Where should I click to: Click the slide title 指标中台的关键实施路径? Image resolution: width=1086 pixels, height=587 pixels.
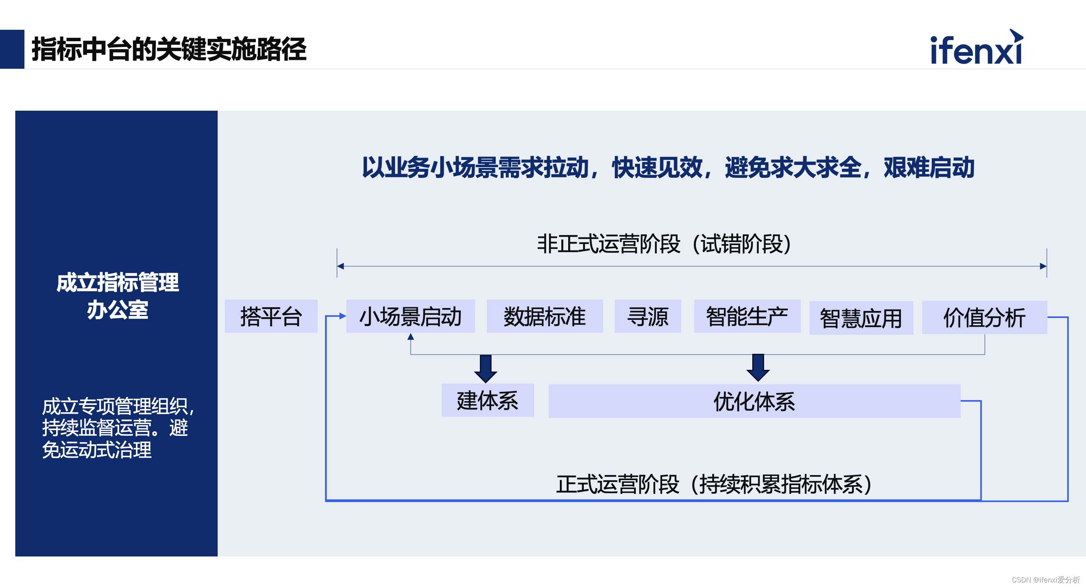pos(169,49)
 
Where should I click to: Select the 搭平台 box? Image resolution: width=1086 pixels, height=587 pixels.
pos(271,316)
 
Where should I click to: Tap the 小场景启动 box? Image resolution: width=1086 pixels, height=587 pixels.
pos(410,316)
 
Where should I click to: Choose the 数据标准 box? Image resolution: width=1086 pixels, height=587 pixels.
pos(544,316)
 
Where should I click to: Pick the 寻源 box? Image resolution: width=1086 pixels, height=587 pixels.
pos(648,316)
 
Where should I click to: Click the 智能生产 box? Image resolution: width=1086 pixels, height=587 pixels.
pos(747,316)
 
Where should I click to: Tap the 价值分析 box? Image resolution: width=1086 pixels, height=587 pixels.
pos(984,317)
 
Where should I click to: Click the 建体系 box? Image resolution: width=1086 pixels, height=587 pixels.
pos(487,400)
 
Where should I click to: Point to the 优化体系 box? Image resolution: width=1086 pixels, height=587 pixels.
pos(754,401)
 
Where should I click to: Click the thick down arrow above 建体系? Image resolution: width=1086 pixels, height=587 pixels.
pos(486,368)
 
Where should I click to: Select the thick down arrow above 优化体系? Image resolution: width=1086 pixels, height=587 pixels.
pos(758,368)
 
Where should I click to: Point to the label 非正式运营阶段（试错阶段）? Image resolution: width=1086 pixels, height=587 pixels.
pos(664,244)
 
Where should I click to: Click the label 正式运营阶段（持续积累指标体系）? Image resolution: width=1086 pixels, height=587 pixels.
pos(714,484)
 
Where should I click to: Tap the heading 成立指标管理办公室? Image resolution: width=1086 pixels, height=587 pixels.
pos(117,296)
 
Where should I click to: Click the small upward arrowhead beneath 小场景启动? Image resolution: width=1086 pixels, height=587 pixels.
pos(410,337)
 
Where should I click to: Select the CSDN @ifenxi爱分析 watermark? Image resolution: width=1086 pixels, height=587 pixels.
pos(1046,580)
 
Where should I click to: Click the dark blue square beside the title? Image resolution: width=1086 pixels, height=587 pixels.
pos(12,49)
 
